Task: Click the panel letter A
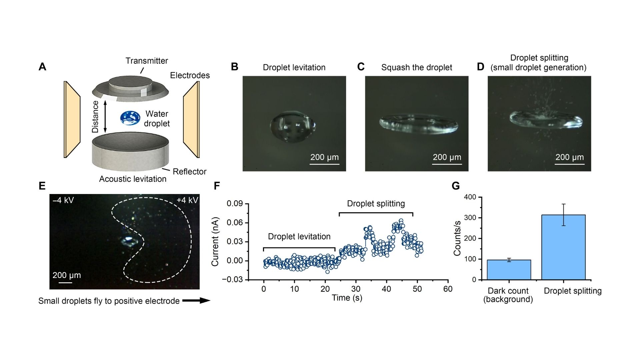pos(42,67)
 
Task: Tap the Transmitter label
pos(147,61)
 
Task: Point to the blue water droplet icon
pos(130,118)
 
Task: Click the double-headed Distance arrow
pos(105,117)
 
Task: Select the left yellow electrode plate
pos(72,119)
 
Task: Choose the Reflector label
pos(189,172)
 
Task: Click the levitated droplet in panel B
pos(293,126)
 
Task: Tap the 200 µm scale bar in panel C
pos(447,164)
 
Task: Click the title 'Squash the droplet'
pos(416,68)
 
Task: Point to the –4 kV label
pos(63,200)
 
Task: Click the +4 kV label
pos(187,200)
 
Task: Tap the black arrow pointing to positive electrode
pos(196,301)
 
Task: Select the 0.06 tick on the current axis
pos(235,223)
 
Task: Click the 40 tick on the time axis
pos(386,289)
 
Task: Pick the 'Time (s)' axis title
pos(347,298)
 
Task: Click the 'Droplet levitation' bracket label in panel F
pos(299,237)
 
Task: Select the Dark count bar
pos(509,270)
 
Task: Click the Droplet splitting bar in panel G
pos(563,247)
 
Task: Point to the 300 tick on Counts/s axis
pos(471,218)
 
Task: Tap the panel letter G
pos(456,186)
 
